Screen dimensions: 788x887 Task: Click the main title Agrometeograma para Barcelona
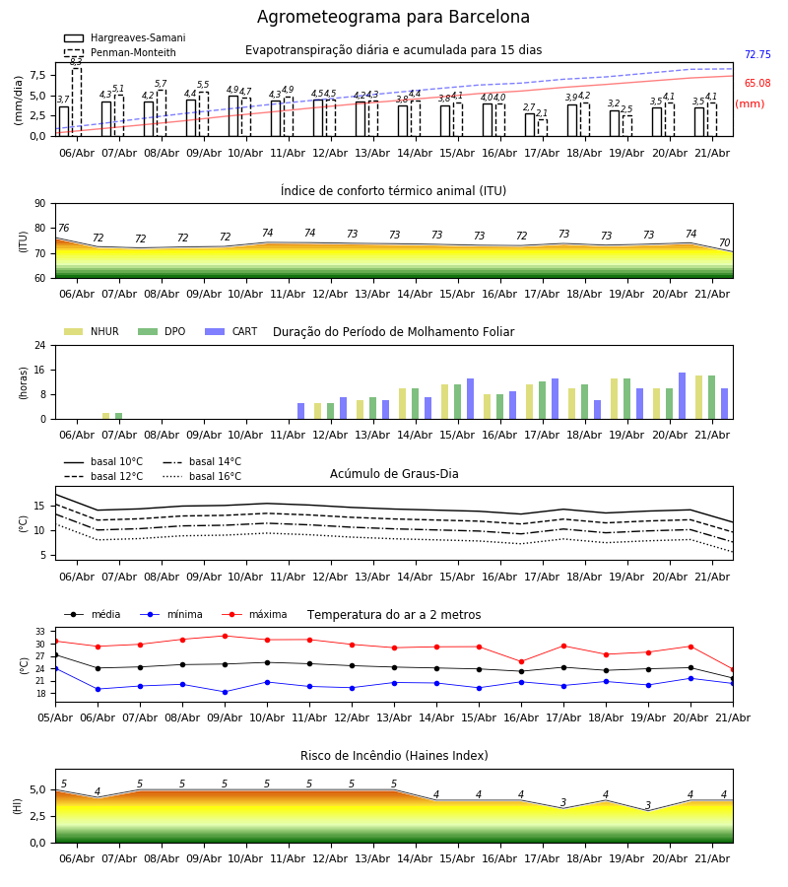393,17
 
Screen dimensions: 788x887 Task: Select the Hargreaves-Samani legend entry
125,37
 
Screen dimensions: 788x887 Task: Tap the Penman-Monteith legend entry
120,52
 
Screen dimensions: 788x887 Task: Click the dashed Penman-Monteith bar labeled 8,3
76,102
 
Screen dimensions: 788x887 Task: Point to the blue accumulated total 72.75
757,55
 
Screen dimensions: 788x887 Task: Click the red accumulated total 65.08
757,83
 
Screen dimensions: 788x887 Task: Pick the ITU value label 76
63,228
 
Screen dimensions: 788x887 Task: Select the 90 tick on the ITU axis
40,204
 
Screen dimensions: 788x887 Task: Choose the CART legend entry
231,331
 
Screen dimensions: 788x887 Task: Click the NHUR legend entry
92,331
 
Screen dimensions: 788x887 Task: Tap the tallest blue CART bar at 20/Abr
682,396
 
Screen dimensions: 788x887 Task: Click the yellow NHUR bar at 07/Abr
105,416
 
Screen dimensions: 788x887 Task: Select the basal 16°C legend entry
202,476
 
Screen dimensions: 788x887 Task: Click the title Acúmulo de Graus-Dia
394,473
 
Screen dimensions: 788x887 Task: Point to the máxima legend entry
255,614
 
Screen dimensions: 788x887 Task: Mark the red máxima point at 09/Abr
225,636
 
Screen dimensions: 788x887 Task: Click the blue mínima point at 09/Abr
225,692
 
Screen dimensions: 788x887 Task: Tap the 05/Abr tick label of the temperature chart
55,717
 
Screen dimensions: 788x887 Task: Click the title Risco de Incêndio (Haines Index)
394,755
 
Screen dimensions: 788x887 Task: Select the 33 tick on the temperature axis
40,632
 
